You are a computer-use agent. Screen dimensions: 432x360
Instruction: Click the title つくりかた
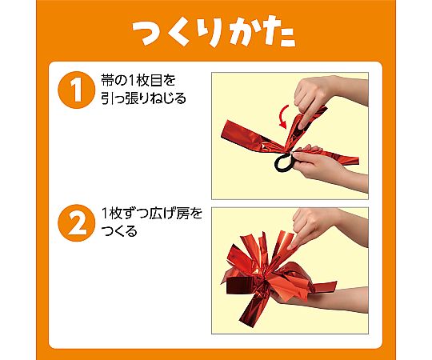point(214,31)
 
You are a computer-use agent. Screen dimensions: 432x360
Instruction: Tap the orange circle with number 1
point(76,90)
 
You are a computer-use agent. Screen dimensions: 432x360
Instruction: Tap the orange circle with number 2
point(76,222)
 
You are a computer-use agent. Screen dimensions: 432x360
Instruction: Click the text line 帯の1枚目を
point(138,81)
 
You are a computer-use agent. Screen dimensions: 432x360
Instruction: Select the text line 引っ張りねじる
point(143,98)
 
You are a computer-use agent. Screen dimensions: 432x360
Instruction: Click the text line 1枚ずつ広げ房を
point(152,214)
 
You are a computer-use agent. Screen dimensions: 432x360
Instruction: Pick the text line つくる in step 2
point(119,231)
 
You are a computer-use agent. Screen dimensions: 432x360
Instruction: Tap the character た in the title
point(281,32)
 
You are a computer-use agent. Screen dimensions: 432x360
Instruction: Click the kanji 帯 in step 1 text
point(106,81)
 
